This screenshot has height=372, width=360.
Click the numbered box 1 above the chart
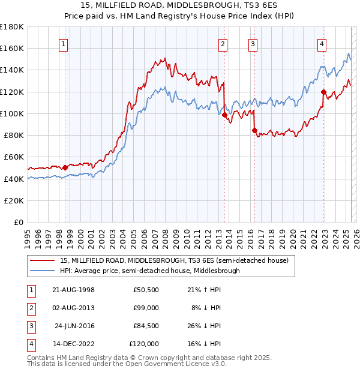(x=64, y=43)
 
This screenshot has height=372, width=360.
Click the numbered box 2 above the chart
(x=223, y=43)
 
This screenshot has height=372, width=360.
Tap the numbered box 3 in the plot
(x=253, y=43)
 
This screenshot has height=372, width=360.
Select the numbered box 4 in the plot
(x=322, y=43)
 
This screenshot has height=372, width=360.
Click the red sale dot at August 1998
(x=65, y=167)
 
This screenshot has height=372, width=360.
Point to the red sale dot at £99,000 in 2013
(x=224, y=115)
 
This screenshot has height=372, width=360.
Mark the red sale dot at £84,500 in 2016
(x=254, y=130)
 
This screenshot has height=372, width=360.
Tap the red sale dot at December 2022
(x=323, y=92)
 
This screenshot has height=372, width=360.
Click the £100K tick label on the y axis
(x=12, y=113)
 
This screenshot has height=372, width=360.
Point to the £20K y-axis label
(x=14, y=200)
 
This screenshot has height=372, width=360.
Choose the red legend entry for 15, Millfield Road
(x=175, y=260)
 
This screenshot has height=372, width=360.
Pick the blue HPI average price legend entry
(x=149, y=271)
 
